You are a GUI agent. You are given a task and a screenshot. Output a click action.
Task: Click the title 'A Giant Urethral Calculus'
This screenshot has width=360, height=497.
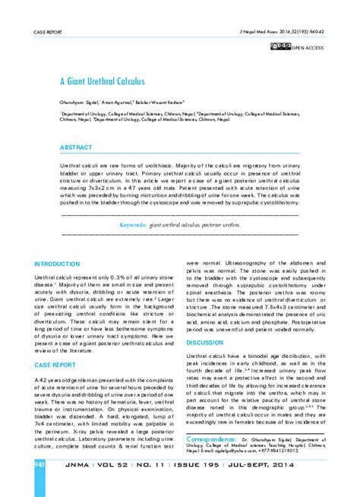102,81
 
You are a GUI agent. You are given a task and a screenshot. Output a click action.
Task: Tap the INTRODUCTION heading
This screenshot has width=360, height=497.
57,263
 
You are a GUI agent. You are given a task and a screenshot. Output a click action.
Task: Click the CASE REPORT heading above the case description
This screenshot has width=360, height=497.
53,364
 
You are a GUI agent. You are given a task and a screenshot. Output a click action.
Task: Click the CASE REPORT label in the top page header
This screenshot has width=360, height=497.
46,33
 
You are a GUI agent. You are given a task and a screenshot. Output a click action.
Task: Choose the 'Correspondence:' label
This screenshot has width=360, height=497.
215,439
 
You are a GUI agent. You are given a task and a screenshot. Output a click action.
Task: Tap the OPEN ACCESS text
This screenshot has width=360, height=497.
309,48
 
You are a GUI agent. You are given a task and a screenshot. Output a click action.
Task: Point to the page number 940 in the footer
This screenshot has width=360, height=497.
39,464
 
